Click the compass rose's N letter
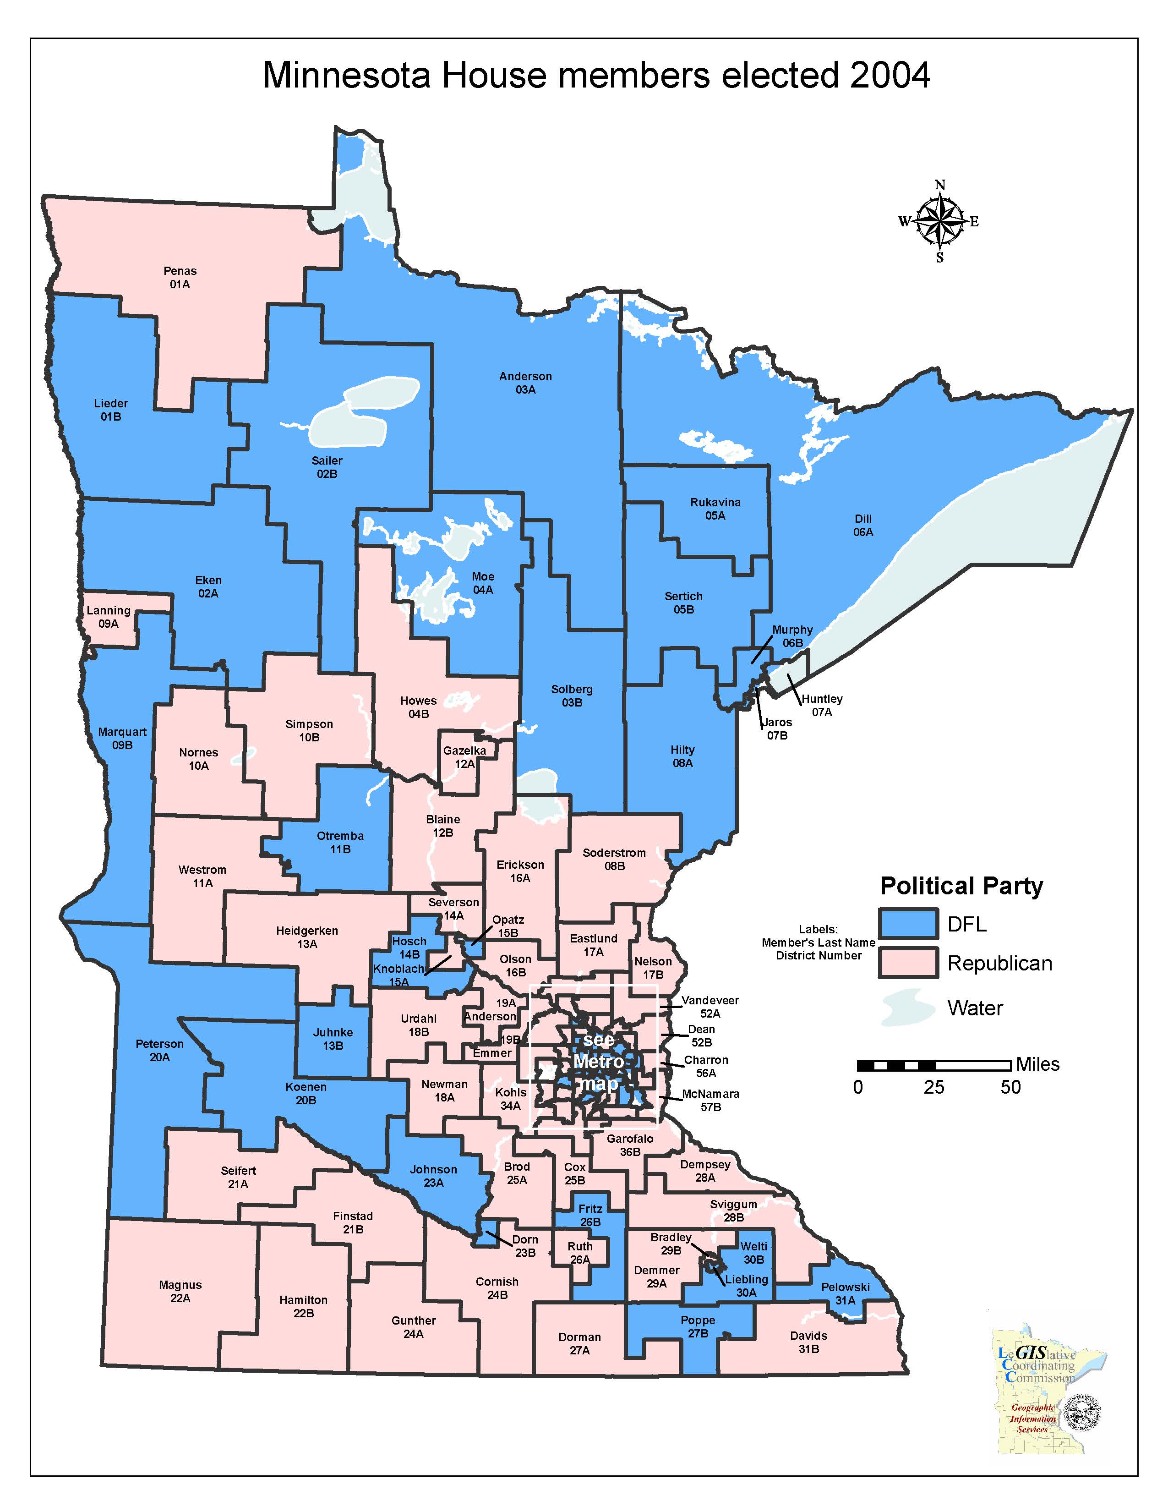coord(939,185)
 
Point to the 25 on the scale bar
coord(933,1087)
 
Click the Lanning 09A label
coord(109,617)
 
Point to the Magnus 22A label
coord(180,1291)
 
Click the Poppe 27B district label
coord(698,1326)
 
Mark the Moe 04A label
coord(483,583)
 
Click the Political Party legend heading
coord(961,886)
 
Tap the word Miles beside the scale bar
coord(1037,1064)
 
